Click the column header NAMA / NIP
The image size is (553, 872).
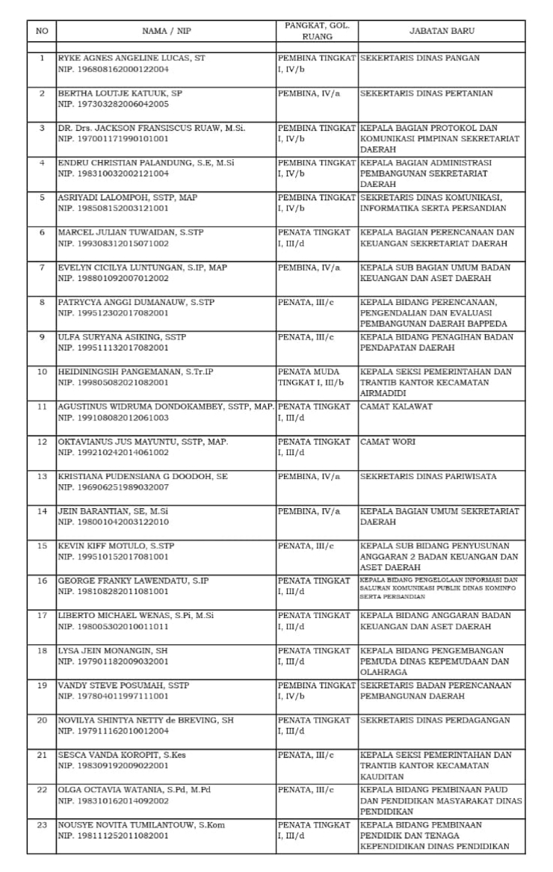pyautogui.click(x=165, y=31)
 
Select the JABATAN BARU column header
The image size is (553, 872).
pyautogui.click(x=441, y=31)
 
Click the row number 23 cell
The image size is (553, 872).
pyautogui.click(x=42, y=825)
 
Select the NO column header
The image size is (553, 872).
pyautogui.click(x=42, y=31)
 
